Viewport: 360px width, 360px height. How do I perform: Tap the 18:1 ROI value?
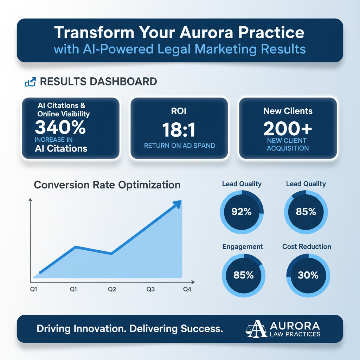179,130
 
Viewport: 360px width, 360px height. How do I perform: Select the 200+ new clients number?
288,129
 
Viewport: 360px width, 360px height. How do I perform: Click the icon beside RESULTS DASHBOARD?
30,82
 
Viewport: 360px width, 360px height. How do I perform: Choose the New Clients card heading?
288,111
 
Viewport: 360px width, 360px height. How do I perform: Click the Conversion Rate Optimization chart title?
107,185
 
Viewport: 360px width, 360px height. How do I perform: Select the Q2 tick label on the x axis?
112,289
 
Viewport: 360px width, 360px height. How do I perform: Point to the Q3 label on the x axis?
150,289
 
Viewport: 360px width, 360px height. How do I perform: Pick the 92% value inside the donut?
242,212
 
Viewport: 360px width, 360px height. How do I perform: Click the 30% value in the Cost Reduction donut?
308,275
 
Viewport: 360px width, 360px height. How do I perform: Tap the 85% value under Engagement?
243,275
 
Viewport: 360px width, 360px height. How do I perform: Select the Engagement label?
243,246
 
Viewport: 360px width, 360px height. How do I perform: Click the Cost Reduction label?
307,246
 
